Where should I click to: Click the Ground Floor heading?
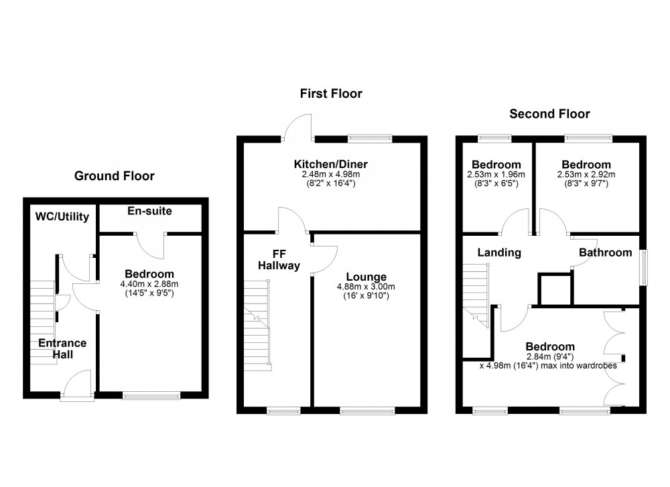coord(114,176)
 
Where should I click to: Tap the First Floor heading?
coord(330,94)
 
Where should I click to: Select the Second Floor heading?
coord(549,114)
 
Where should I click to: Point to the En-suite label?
coord(149,211)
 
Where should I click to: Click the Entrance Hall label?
coord(62,348)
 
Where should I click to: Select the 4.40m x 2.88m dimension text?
coord(149,285)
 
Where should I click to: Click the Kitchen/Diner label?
coord(330,164)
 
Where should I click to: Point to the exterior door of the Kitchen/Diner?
coord(297,127)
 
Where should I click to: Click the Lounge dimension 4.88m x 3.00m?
coord(366,287)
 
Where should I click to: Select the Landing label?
coord(499,253)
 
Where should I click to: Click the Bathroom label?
coord(605,253)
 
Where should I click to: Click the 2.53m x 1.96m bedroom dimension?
coord(496,176)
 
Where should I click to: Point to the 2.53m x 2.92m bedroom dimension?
coord(586,176)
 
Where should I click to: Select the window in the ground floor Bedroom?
coord(151,396)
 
